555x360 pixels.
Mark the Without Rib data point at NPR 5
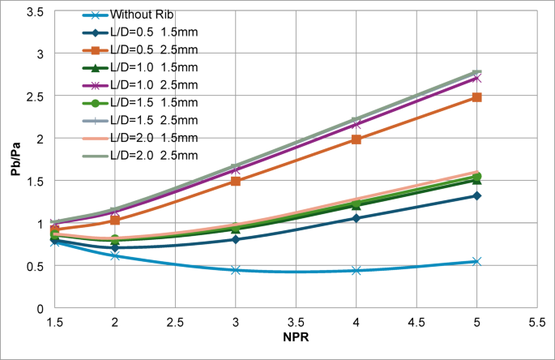pos(477,262)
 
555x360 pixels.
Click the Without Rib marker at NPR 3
pos(235,270)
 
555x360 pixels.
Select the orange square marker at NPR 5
pos(477,97)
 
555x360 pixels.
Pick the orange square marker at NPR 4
pos(356,139)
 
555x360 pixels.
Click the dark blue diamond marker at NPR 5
pos(477,195)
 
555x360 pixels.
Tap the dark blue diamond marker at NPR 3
pos(235,239)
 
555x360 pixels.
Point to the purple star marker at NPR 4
pos(356,124)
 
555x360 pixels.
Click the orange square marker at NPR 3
pos(235,181)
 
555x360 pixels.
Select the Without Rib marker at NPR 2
pos(115,255)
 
